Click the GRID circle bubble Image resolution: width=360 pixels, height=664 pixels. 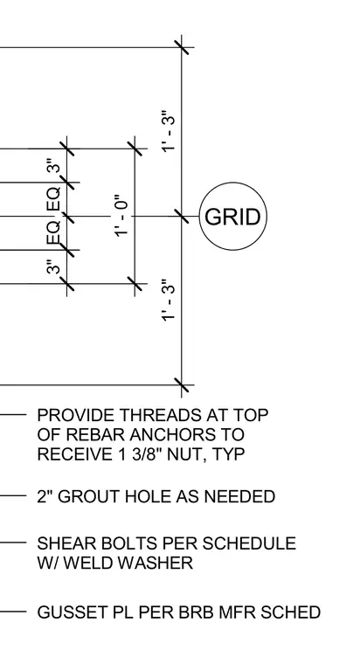coord(233,183)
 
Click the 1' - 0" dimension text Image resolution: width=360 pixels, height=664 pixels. coord(121,216)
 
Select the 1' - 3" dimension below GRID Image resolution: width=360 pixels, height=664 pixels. coord(168,301)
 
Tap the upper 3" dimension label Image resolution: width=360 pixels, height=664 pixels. coord(55,166)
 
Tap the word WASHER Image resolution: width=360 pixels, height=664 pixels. coord(157,563)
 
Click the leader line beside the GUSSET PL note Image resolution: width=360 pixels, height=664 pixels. coord(13,612)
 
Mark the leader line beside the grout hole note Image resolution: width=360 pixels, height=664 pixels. coord(13,495)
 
